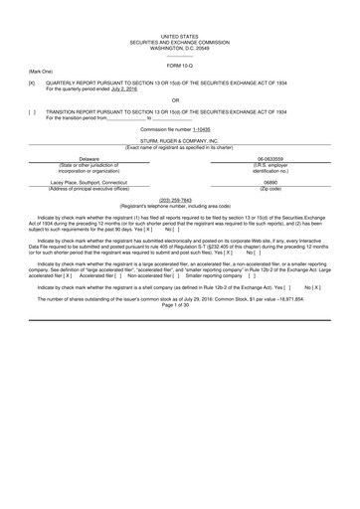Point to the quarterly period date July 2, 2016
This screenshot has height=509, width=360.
(x=124, y=89)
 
